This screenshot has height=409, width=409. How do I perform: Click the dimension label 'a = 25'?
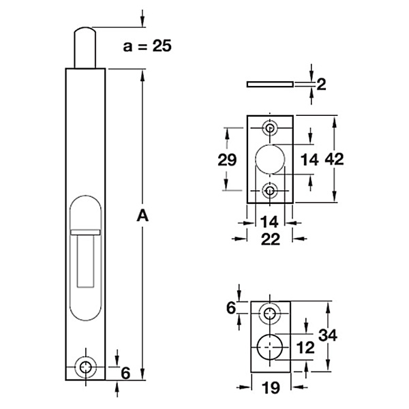(x=147, y=46)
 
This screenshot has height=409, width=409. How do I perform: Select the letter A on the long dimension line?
(x=142, y=215)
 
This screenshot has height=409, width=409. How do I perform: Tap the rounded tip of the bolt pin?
(x=85, y=30)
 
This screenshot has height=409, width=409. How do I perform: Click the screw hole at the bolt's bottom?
(x=86, y=367)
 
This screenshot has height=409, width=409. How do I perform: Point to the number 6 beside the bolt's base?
(x=125, y=373)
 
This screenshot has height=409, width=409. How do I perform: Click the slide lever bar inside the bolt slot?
(x=86, y=232)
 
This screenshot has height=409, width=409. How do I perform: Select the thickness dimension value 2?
(x=321, y=85)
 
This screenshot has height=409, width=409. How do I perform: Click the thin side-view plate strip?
(x=270, y=84)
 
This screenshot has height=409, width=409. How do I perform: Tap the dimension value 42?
(x=335, y=159)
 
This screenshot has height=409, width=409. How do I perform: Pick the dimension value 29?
(x=227, y=160)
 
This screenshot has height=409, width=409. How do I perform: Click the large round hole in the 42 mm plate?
(x=270, y=159)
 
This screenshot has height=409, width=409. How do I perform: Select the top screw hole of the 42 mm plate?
(x=270, y=128)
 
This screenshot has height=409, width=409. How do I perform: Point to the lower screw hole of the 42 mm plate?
(x=270, y=191)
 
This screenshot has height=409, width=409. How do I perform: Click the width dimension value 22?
(x=271, y=239)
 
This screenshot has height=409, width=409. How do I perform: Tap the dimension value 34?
(x=328, y=335)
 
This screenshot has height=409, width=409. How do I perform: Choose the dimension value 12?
(x=305, y=348)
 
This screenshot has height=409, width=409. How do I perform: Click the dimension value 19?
(x=271, y=388)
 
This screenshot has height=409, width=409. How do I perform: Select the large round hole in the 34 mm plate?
(x=270, y=347)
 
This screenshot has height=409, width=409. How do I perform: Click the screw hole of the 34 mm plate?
(x=270, y=314)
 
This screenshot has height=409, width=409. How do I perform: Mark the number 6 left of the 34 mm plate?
(x=231, y=308)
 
